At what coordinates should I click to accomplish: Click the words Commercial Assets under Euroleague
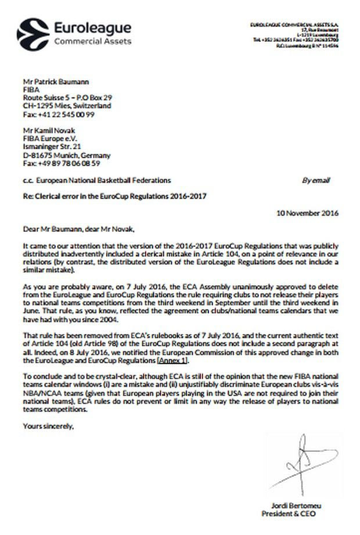pyautogui.click(x=92, y=41)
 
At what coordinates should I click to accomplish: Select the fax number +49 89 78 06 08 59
pyautogui.click(x=58, y=164)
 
